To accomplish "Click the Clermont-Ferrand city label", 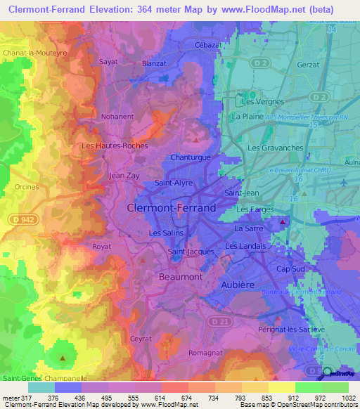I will coord(172,208).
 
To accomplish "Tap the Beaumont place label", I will coord(178,277).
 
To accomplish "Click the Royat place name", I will coord(102,247).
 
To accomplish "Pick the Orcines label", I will coord(25,187).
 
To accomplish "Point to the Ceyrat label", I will coord(141,318).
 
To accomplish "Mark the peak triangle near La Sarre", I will coord(283,223).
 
